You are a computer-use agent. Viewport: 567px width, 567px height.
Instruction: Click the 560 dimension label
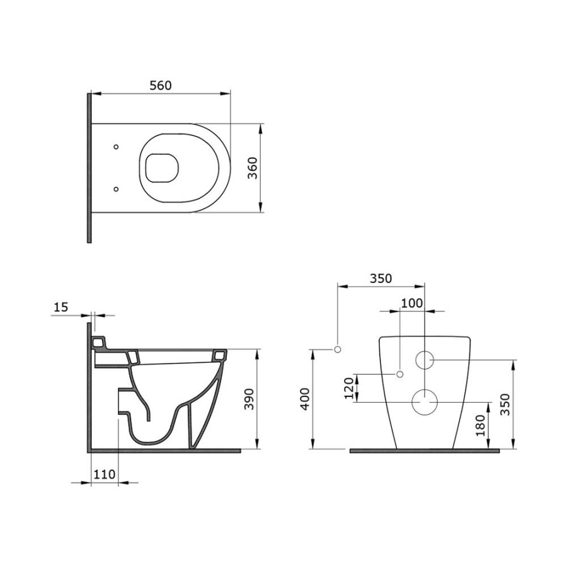pos(161,86)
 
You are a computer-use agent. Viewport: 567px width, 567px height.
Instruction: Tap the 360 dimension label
pos(253,168)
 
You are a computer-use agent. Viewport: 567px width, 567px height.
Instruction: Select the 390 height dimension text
pos(249,399)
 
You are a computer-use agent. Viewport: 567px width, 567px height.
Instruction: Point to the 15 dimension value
pos(60,307)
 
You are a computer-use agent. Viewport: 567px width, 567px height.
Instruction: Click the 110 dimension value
pos(105,474)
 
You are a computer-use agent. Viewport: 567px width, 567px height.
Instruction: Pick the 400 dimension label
pos(305,399)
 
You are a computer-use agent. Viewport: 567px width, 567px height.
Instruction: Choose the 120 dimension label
pos(348,388)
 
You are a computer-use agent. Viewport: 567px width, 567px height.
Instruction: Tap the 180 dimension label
pos(480,426)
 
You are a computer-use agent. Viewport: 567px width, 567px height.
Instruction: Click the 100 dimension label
pos(412,303)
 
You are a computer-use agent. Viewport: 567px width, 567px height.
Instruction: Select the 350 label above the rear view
pos(381,278)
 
